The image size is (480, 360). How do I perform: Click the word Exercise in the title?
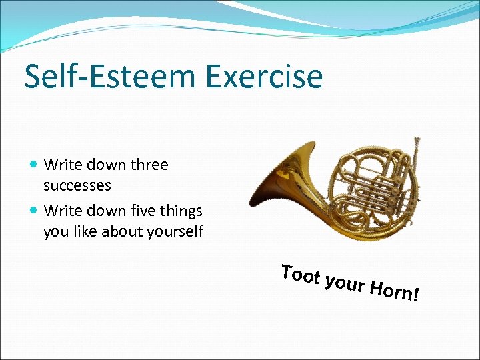[273, 76]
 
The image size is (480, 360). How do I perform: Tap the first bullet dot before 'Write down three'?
[35, 165]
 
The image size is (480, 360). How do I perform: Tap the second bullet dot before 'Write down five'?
[35, 211]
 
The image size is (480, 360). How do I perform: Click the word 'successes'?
[77, 185]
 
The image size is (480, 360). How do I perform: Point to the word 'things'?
[181, 211]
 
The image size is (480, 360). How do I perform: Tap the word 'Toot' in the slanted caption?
[299, 275]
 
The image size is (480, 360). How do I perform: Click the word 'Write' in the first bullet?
[61, 165]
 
